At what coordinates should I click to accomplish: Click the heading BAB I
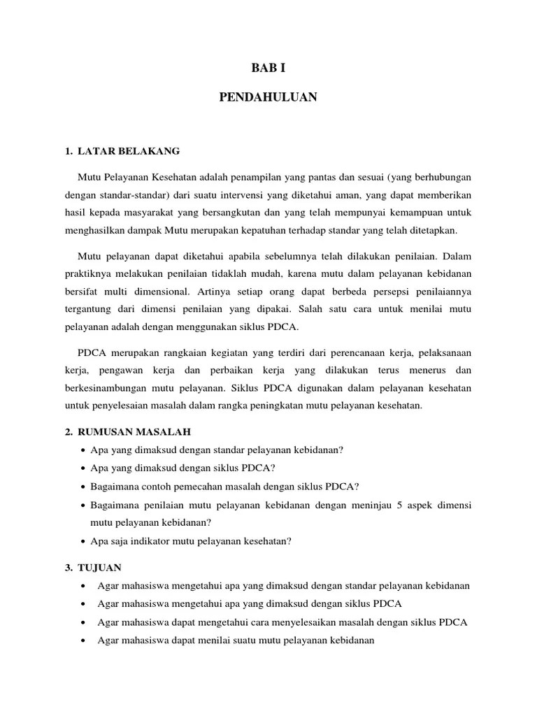click(x=268, y=69)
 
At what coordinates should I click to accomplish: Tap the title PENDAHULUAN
click(x=268, y=98)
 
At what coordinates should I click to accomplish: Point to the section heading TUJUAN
click(x=102, y=567)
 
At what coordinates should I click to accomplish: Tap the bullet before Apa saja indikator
click(x=84, y=541)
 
